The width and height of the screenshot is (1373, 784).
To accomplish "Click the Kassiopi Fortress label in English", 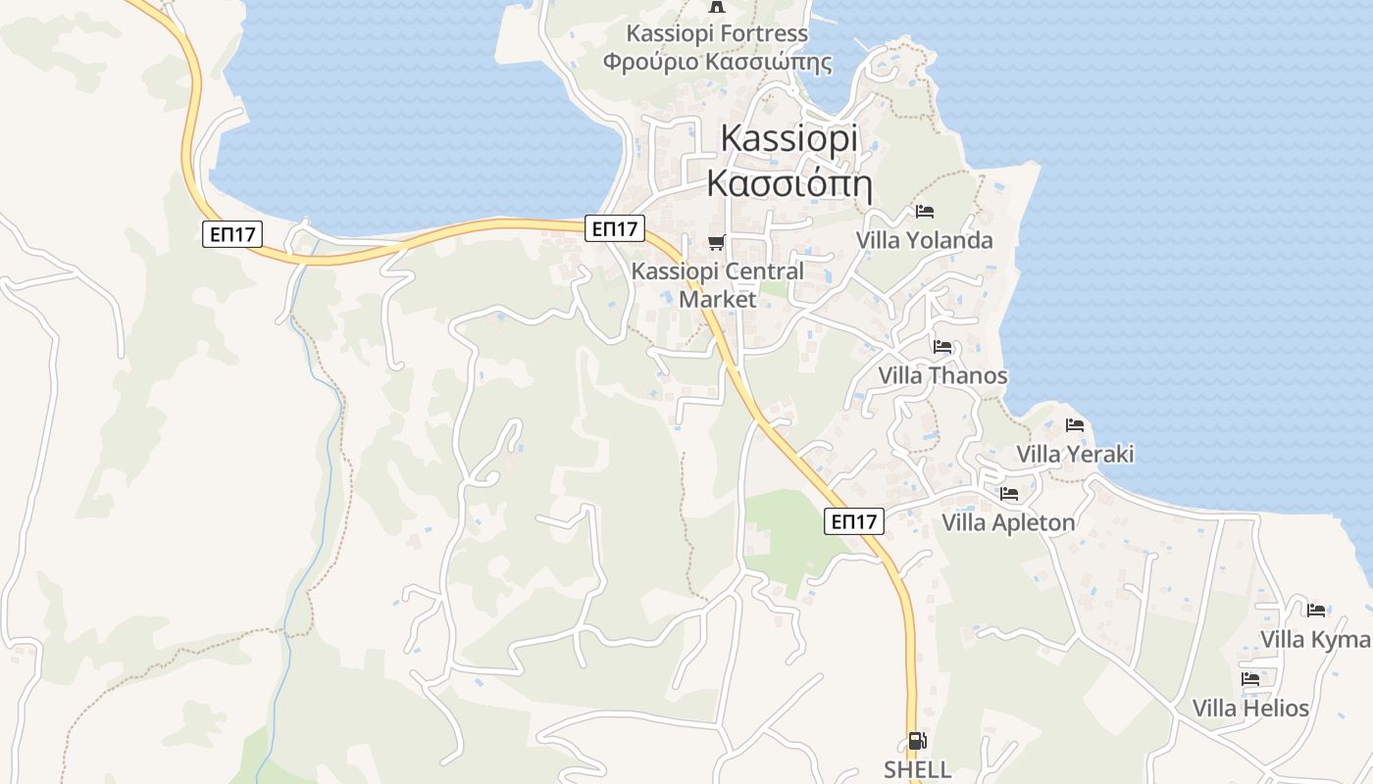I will (x=717, y=33).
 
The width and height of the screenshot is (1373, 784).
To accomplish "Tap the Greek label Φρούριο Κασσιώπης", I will (x=717, y=63).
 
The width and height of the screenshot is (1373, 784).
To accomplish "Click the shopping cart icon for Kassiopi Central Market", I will (x=716, y=242).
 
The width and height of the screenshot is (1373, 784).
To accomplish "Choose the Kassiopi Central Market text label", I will (x=717, y=284).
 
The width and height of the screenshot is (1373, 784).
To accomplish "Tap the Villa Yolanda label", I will (x=924, y=240).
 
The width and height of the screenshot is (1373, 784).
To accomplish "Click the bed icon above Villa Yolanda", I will (x=924, y=211).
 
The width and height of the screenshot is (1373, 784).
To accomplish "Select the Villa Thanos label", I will (x=942, y=375).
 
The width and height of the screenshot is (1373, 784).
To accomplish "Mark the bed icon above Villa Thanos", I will (x=942, y=347).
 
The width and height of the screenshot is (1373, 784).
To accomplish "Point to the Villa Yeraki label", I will (x=1075, y=454).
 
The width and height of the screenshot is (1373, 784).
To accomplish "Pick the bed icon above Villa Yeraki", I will (x=1075, y=425).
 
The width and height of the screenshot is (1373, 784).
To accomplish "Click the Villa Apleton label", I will (x=1008, y=522).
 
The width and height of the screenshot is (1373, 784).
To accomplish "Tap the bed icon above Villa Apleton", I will (x=1008, y=494).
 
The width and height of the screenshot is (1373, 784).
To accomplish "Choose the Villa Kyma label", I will (x=1315, y=639).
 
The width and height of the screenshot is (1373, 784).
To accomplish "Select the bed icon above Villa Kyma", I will (x=1315, y=611).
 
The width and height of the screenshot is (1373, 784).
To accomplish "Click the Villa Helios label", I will (x=1250, y=708).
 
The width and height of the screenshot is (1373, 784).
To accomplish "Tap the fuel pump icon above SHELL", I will (x=916, y=742).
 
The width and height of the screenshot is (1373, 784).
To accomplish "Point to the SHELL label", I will (x=917, y=769).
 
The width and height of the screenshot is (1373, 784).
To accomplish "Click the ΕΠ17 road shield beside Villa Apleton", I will (x=853, y=521).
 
